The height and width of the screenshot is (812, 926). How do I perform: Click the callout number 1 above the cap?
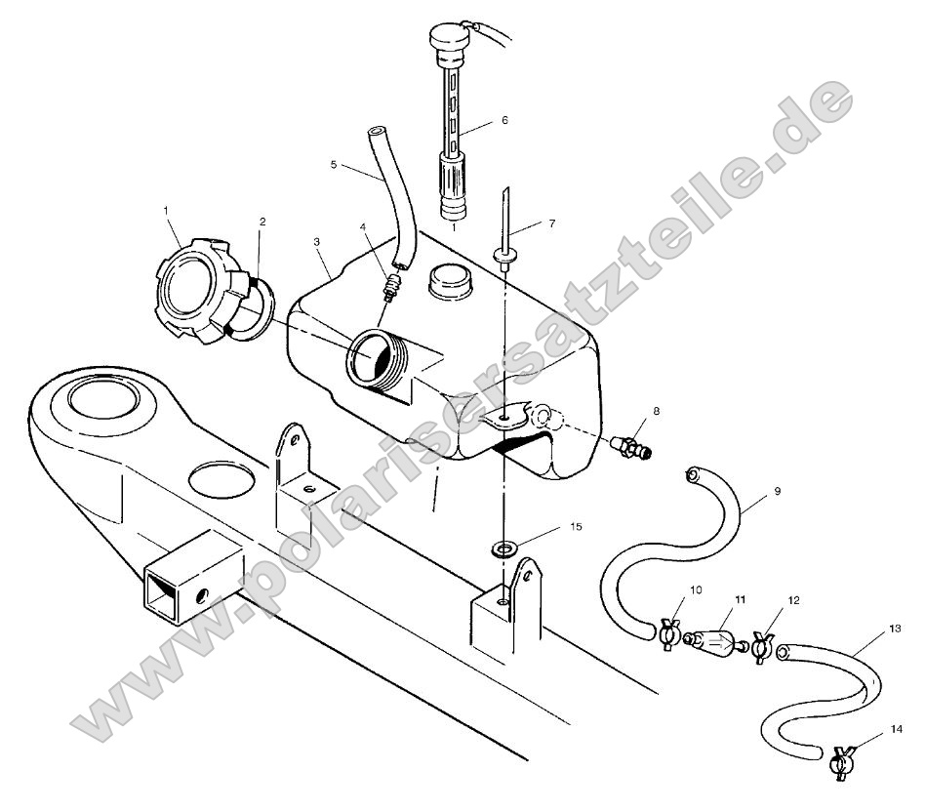click(x=166, y=211)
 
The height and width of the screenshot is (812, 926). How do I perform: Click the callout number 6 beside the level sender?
click(x=503, y=121)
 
